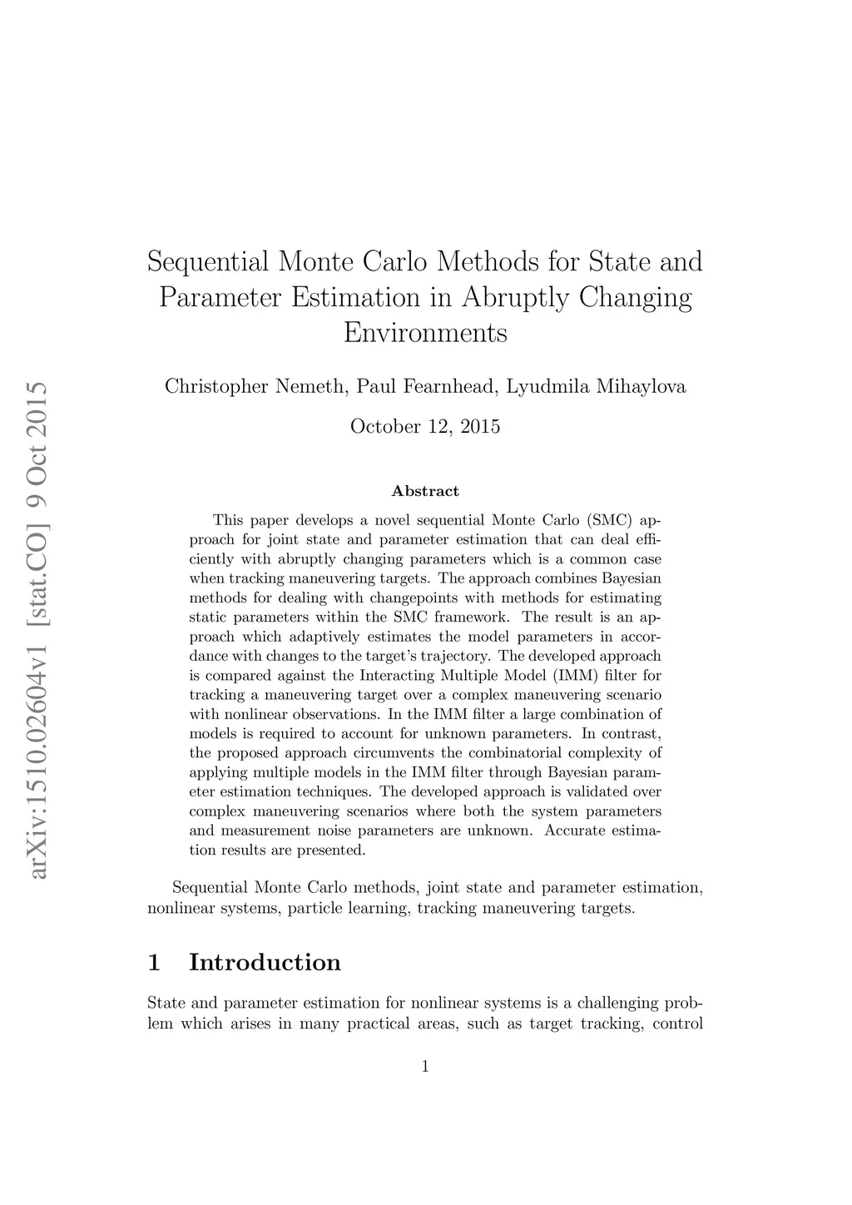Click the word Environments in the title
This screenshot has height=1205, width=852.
(x=425, y=333)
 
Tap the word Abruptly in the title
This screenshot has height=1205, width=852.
(x=513, y=297)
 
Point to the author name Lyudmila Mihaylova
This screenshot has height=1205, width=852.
(x=596, y=387)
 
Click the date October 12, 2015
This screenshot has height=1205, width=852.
(x=425, y=427)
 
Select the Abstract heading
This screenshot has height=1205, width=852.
(x=425, y=491)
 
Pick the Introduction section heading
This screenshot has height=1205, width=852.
(x=265, y=963)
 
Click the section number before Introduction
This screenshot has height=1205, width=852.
(x=153, y=963)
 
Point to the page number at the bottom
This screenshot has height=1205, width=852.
(x=425, y=1067)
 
